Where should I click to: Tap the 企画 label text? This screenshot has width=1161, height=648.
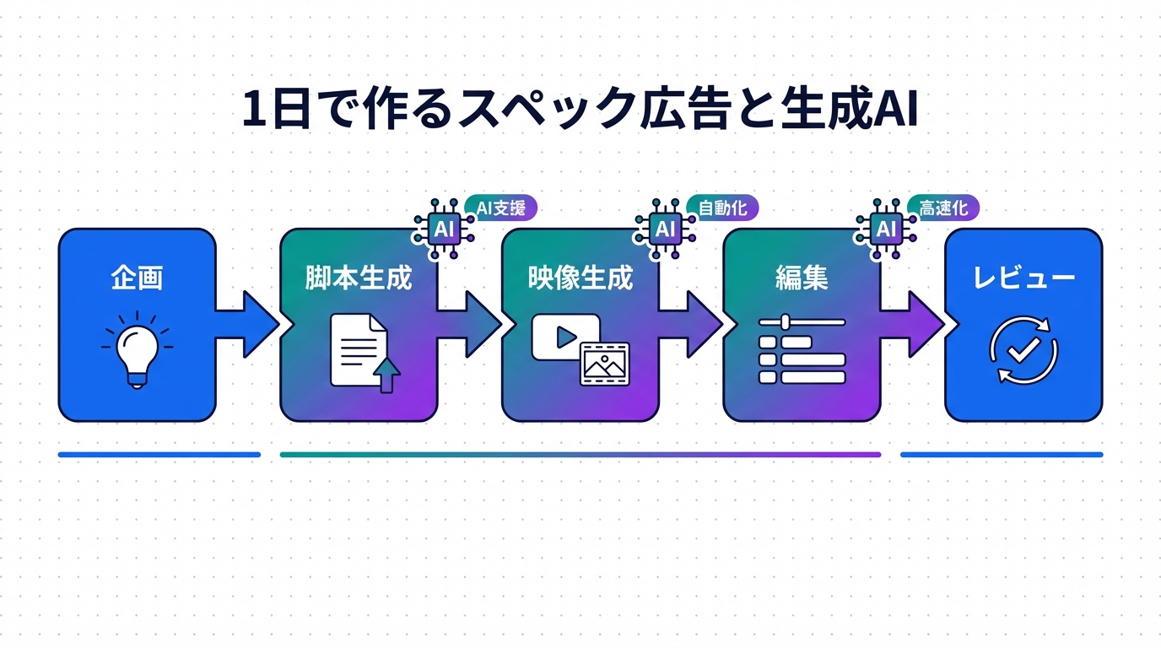tap(137, 278)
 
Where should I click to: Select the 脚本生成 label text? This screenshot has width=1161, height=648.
tap(359, 278)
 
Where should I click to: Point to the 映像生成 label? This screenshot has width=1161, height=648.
tap(580, 278)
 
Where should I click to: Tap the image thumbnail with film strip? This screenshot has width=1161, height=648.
tap(605, 363)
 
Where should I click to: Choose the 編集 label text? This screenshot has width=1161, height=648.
tap(802, 278)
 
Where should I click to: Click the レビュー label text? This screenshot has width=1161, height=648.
tap(1023, 278)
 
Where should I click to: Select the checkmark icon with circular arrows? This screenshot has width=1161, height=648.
tap(1023, 350)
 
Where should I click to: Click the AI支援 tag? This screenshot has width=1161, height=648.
tap(501, 208)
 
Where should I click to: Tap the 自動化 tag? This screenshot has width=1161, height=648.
tap(723, 208)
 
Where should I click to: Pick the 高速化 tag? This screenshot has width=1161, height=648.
tap(943, 208)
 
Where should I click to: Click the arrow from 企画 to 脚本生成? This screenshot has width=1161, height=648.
tap(249, 324)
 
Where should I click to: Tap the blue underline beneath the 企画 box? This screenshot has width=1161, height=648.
tap(159, 455)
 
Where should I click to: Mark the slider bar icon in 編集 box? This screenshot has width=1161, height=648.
tap(802, 321)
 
